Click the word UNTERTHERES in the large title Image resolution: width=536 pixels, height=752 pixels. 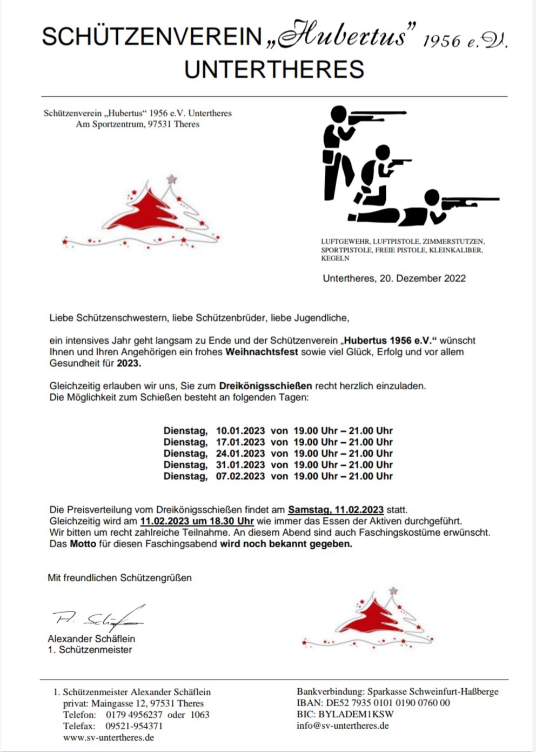274,70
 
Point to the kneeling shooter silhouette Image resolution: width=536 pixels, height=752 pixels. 376,176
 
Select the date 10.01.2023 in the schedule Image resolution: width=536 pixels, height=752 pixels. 240,431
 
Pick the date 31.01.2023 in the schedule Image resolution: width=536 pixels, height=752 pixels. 240,465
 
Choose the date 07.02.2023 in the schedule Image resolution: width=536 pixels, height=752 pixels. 240,476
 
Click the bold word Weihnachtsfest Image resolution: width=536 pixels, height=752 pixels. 262,352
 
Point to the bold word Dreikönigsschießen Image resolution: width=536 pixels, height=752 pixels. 265,386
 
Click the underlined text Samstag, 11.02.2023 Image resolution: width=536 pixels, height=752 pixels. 336,510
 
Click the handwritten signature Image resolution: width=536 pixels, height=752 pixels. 97,618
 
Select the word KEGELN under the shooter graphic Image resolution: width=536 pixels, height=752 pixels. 335,258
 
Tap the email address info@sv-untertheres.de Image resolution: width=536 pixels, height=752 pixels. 343,726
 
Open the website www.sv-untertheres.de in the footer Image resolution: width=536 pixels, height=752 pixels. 109,737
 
